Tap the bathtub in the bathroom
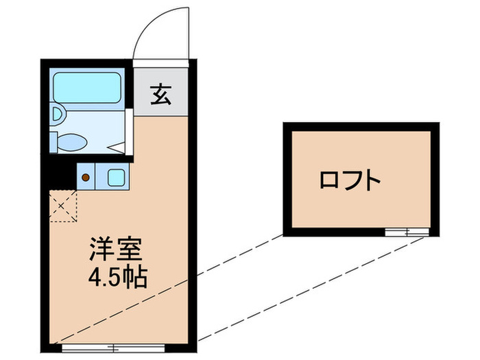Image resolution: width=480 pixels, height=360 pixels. point(86,88)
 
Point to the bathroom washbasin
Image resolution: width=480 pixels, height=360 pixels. point(57,112)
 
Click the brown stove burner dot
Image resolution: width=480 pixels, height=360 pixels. point(86,177)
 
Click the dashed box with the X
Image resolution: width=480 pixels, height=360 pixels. point(63,206)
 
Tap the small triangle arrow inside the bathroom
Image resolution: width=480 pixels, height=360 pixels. point(117,146)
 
